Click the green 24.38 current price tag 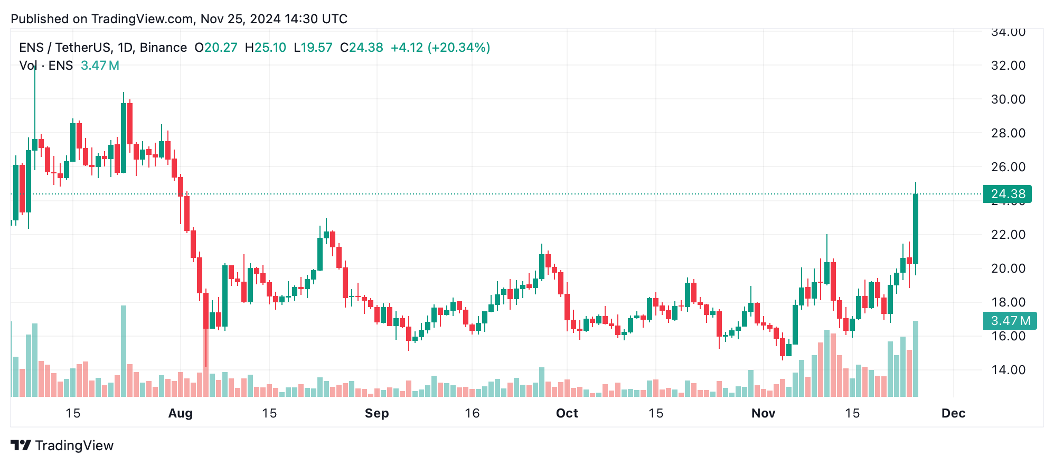1007,194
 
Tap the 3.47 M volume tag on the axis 1010,321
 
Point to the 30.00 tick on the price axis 1008,99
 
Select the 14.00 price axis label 1008,370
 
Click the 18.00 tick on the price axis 1008,302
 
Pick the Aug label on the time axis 180,413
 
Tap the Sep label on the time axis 377,413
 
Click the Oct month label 567,413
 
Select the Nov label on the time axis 763,413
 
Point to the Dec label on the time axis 953,413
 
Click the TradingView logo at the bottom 62,446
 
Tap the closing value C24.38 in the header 362,48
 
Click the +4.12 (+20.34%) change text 440,48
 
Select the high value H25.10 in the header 266,48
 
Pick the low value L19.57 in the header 313,48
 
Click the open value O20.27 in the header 216,48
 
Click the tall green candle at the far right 915,228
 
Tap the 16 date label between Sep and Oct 472,413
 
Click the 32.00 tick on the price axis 1008,66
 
